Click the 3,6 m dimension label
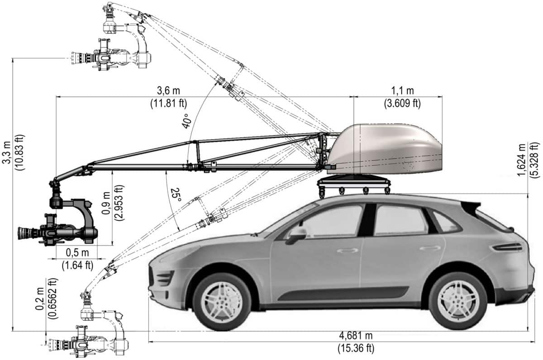[x=168, y=91]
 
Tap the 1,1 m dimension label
[x=403, y=91]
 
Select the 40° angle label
[x=186, y=121]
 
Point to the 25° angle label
[x=176, y=194]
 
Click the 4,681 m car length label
[x=356, y=336]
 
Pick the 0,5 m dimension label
[x=77, y=253]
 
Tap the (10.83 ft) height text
[x=20, y=152]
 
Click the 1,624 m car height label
[x=521, y=160]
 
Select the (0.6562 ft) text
[x=53, y=298]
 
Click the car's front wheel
[x=222, y=302]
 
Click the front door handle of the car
[x=348, y=251]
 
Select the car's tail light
[x=508, y=247]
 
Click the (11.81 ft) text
[x=169, y=104]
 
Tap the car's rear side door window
[x=400, y=220]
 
